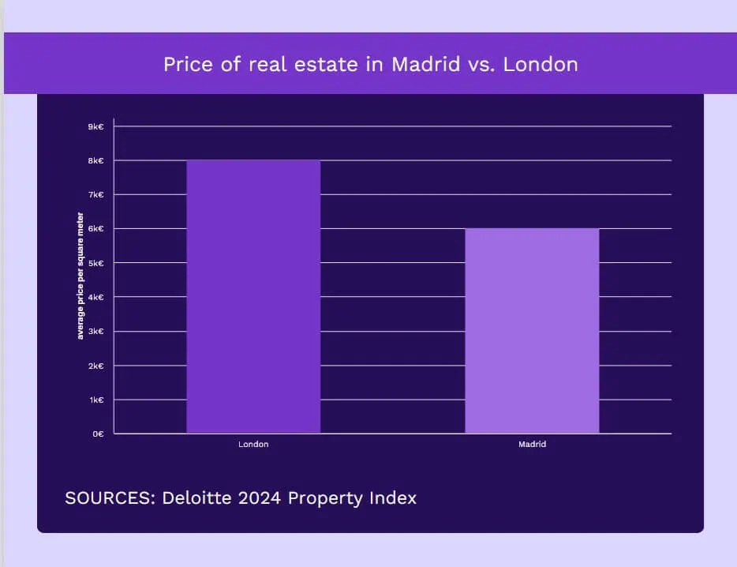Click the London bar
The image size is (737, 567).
[x=253, y=297]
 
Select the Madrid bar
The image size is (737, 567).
[x=532, y=331]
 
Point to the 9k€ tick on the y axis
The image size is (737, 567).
[x=95, y=126]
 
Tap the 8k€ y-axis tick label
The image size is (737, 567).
[x=95, y=161]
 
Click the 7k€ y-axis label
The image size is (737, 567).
[x=95, y=195]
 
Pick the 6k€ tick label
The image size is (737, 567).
[x=95, y=229]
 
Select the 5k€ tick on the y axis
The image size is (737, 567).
[x=95, y=263]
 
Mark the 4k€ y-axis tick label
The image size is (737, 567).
[x=95, y=298]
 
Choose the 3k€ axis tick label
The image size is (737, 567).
[x=95, y=332]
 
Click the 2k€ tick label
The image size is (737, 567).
[x=95, y=366]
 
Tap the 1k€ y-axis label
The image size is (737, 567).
[x=95, y=400]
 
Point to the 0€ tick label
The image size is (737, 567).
[x=98, y=434]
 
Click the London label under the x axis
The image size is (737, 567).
[x=253, y=445]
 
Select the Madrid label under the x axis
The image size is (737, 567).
[x=532, y=445]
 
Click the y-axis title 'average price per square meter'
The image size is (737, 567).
[x=80, y=276]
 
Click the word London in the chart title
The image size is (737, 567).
[x=541, y=64]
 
